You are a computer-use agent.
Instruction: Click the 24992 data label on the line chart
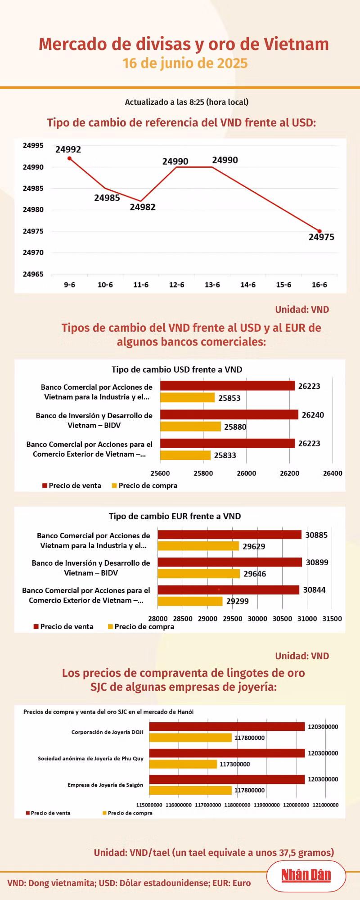[68, 149]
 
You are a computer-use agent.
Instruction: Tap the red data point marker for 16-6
[319, 231]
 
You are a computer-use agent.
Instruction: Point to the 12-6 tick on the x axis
[176, 285]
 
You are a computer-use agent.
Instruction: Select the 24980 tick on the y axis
[33, 209]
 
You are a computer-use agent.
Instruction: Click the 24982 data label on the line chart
[143, 207]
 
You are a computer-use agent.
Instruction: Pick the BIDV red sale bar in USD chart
[229, 414]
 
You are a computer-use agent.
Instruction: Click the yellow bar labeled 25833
[185, 455]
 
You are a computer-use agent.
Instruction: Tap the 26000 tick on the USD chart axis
[247, 473]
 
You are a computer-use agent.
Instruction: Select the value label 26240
[313, 415]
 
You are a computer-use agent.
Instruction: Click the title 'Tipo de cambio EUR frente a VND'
[175, 516]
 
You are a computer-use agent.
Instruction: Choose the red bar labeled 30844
[228, 589]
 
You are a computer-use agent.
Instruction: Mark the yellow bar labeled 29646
[198, 574]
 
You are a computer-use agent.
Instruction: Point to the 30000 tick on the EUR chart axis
[257, 619]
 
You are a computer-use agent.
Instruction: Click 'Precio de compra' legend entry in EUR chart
[141, 626]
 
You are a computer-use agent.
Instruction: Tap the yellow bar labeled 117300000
[183, 764]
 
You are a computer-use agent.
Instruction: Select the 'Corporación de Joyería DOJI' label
[108, 732]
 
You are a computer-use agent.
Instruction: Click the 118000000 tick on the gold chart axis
[237, 805]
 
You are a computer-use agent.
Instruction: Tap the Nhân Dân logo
[306, 875]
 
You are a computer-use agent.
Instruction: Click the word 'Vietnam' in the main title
[296, 44]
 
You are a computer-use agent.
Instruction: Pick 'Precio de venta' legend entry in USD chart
[72, 486]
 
